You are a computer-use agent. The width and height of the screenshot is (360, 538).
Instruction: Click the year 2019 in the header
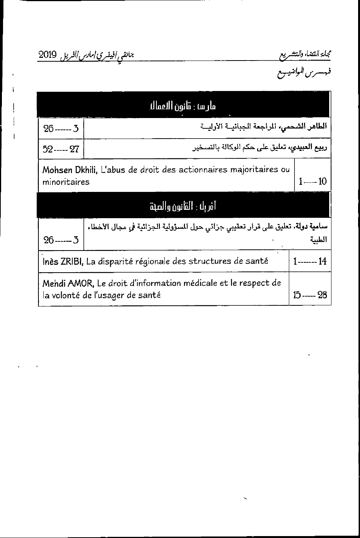coord(48,54)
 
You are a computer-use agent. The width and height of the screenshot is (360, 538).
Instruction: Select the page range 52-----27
coord(61,149)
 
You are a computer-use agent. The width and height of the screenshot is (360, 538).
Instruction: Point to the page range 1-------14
coord(310,262)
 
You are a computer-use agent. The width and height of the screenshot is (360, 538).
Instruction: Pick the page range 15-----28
coord(310,295)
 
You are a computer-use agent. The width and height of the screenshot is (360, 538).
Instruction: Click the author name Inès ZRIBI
coord(63,261)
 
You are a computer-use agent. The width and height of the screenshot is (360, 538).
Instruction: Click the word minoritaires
coord(66,182)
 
